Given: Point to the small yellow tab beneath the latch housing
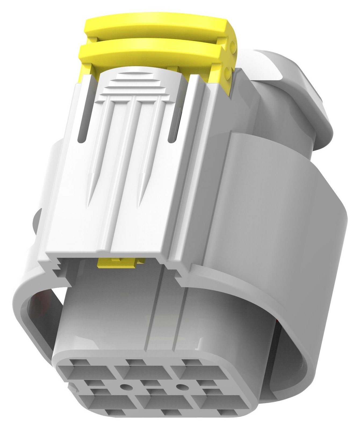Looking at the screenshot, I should [121, 262].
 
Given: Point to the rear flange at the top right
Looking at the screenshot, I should [309, 89].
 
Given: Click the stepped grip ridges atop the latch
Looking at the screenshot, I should [134, 83].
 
